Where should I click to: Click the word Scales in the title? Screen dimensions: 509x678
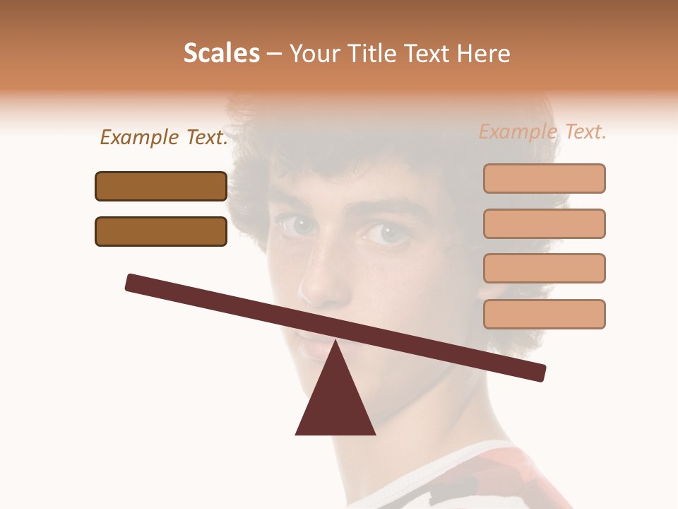pos(221,54)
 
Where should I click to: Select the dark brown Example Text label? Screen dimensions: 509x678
pos(164,138)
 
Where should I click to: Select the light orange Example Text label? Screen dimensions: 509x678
pos(542,131)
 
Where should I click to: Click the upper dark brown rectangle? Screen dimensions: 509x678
pos(161,186)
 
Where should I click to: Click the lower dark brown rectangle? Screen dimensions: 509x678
pos(161,231)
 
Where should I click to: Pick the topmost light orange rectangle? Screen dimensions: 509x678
pos(544,178)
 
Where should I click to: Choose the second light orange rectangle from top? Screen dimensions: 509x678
pos(544,223)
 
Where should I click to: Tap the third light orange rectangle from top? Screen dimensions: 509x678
pos(544,268)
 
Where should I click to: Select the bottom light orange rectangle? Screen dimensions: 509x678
pos(544,314)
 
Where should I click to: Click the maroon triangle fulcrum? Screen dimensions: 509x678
pos(335,403)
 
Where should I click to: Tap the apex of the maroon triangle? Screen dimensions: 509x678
pos(335,342)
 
